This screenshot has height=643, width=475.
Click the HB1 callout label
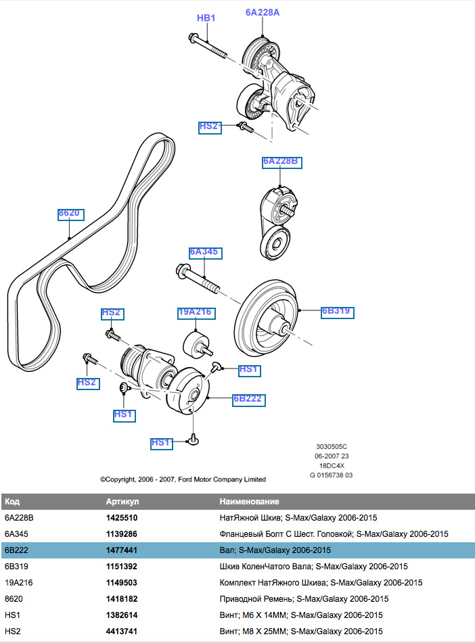tap(206, 18)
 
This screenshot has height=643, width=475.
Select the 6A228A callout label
tap(262, 12)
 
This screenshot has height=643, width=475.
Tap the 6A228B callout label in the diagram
tap(280, 162)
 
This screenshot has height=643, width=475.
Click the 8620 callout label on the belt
tap(69, 214)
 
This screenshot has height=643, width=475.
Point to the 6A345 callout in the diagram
tap(205, 252)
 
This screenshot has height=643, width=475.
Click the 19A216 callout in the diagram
tap(195, 312)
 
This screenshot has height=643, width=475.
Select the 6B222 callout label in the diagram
tap(248, 400)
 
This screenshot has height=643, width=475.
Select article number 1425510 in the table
tap(122, 517)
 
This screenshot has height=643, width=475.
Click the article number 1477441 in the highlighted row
tap(122, 550)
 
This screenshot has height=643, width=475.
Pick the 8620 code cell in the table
tap(14, 598)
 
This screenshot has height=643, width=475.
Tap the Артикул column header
tap(122, 502)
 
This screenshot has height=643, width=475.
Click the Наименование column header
tap(249, 502)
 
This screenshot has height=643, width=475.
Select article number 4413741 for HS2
tap(122, 631)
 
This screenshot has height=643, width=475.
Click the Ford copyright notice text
tap(183, 479)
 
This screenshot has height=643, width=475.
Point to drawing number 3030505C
tap(332, 447)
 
